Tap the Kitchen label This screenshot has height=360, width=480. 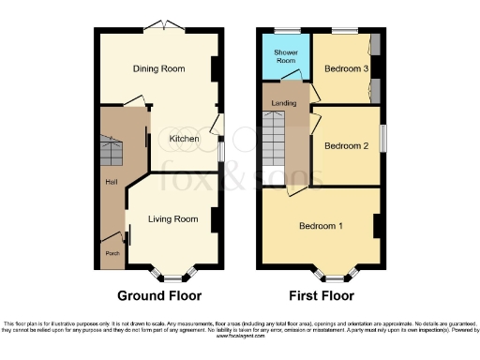click(x=184, y=139)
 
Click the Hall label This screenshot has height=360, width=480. click(x=112, y=181)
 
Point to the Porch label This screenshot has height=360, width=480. click(x=112, y=251)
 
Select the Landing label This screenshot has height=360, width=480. click(x=284, y=102)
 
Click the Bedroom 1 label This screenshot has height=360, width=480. click(x=321, y=226)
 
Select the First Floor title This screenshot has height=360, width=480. click(x=321, y=295)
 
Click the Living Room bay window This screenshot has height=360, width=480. click(x=173, y=276)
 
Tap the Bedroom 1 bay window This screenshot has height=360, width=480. click(x=338, y=276)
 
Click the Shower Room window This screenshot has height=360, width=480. click(x=281, y=30)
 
